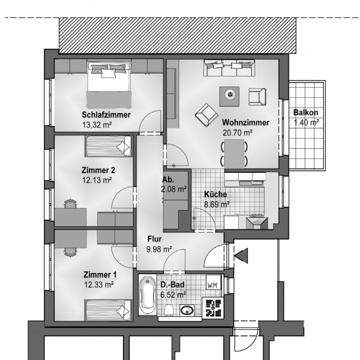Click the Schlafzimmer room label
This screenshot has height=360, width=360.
click(x=106, y=115)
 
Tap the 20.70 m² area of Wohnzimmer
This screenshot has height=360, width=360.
click(x=238, y=133)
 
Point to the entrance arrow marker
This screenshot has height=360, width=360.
click(x=241, y=256)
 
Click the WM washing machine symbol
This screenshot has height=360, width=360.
click(x=214, y=283)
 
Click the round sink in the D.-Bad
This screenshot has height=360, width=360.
click(x=187, y=310)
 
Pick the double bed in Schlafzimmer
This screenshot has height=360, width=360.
click(x=109, y=85)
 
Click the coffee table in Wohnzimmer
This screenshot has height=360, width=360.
click(x=229, y=97)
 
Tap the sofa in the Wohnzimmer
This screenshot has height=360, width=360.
click(x=229, y=68)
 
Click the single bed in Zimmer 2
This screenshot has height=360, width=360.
click(x=109, y=146)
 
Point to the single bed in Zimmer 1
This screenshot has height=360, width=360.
click(x=107, y=310)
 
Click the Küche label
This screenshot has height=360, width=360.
click(x=215, y=194)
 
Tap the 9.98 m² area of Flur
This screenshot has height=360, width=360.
click(x=160, y=250)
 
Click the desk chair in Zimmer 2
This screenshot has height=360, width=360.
click(x=70, y=204)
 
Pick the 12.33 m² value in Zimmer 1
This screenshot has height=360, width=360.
click(x=99, y=285)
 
